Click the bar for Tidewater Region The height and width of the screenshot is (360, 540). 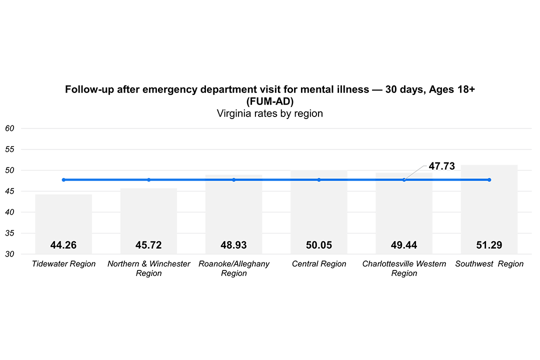(x=63, y=220)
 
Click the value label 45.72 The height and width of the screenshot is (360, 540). (x=148, y=245)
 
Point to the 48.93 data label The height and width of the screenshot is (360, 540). (x=233, y=245)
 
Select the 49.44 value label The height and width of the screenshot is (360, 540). (x=404, y=245)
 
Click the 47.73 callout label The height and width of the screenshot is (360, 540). (x=441, y=166)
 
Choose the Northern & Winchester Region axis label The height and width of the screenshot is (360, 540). (x=148, y=268)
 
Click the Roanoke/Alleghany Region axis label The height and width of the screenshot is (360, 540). (x=233, y=268)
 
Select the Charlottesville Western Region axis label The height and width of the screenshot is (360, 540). (x=404, y=268)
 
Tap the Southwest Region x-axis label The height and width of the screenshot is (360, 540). (x=489, y=264)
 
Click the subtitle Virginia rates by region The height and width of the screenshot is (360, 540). (x=269, y=113)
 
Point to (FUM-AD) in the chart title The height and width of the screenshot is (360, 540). (x=269, y=101)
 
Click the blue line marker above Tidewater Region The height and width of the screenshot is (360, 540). (x=63, y=180)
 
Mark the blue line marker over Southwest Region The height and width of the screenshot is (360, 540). (x=489, y=180)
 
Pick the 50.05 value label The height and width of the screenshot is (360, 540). (x=319, y=245)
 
